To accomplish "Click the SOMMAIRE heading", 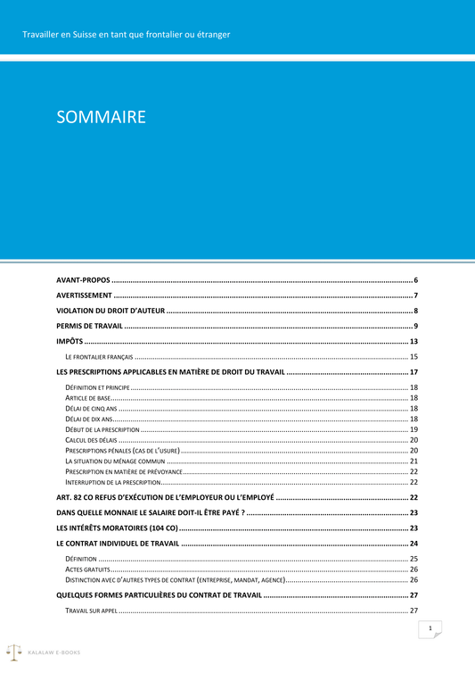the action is [101, 117].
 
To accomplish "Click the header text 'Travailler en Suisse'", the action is [127, 35].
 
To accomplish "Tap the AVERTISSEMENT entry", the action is [84, 295].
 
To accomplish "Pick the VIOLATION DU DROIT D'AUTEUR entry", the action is [110, 311].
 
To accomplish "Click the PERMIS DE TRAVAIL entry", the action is [89, 326].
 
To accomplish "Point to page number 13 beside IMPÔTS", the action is [414, 342].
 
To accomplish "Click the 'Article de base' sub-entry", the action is [88, 397].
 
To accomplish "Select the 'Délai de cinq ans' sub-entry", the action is [91, 408].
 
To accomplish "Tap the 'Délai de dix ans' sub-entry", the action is [89, 419].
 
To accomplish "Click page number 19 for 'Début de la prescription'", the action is [414, 429].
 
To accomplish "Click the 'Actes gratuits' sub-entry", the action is [87, 569].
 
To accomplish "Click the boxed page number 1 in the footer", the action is [430, 629].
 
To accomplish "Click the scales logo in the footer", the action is [14, 652].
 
